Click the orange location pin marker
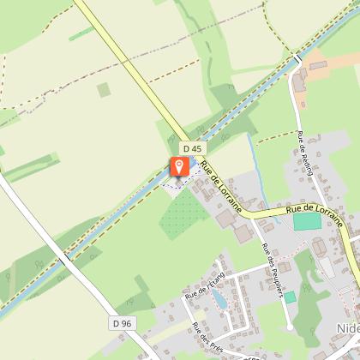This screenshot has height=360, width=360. pyautogui.click(x=179, y=167)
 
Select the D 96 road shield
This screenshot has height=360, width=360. pyautogui.click(x=121, y=323)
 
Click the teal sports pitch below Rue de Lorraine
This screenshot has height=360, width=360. pyautogui.click(x=306, y=221)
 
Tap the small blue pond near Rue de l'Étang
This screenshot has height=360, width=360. pyautogui.click(x=219, y=299)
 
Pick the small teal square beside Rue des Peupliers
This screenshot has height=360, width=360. pyautogui.click(x=290, y=297)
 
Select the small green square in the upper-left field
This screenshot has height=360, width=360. pyautogui.click(x=104, y=89)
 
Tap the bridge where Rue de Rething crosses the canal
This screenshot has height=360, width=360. pyautogui.click(x=296, y=59)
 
